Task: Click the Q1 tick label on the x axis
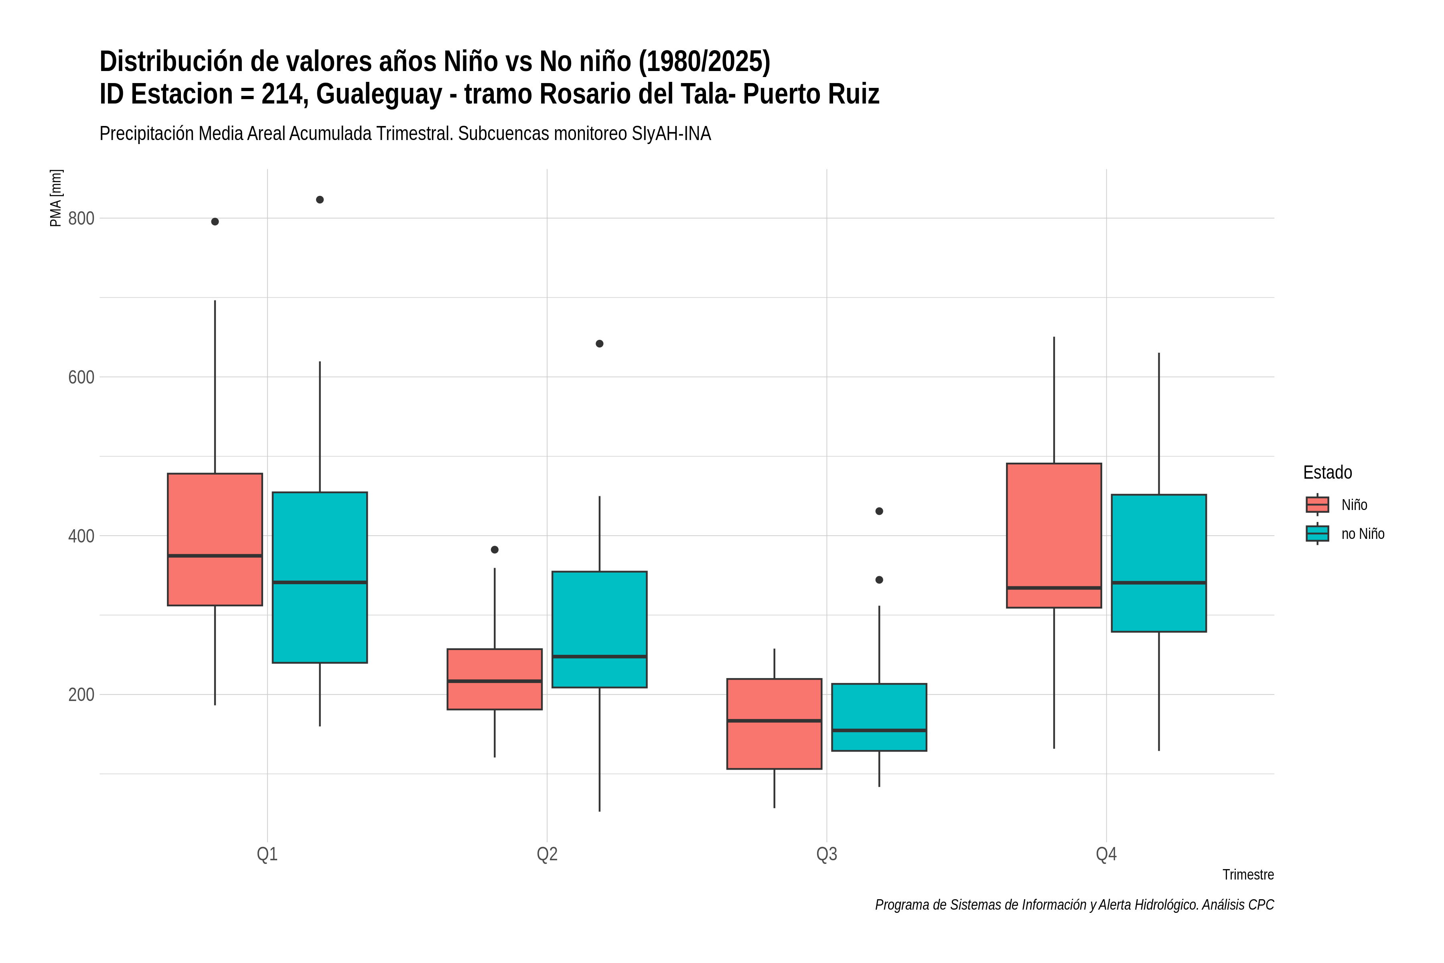pyautogui.click(x=267, y=854)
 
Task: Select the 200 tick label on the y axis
pyautogui.click(x=81, y=695)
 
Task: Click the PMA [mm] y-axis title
pyautogui.click(x=56, y=198)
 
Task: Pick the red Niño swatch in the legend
pyautogui.click(x=1317, y=505)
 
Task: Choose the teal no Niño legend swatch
pyautogui.click(x=1317, y=534)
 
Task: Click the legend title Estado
pyautogui.click(x=1327, y=472)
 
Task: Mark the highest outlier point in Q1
pyautogui.click(x=320, y=199)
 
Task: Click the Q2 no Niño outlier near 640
pyautogui.click(x=600, y=344)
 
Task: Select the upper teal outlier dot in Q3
pyautogui.click(x=879, y=511)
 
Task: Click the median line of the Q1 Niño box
pyautogui.click(x=215, y=556)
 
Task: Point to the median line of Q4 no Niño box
pyautogui.click(x=1158, y=582)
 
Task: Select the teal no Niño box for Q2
pyautogui.click(x=599, y=630)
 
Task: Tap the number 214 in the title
pyautogui.click(x=284, y=94)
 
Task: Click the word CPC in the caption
pyautogui.click(x=1261, y=905)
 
